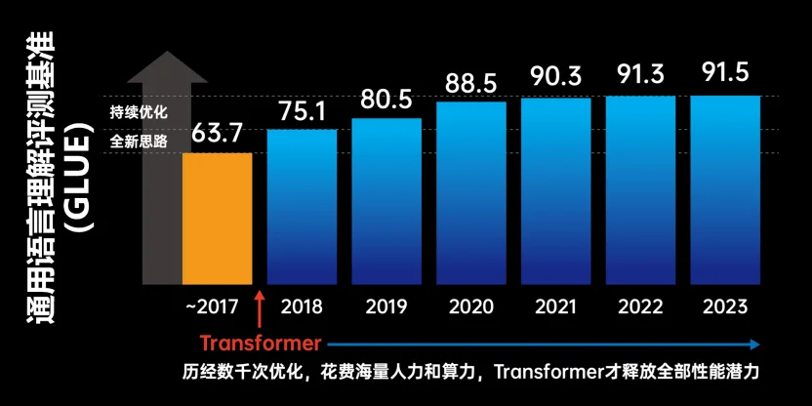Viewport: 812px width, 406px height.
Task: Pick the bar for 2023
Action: [725, 189]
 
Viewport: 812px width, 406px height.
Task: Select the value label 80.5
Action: [386, 101]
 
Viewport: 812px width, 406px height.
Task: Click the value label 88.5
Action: [471, 83]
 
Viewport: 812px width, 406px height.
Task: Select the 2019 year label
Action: [386, 306]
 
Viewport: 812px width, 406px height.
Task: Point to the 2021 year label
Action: [555, 306]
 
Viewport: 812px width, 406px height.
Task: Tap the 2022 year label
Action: [640, 306]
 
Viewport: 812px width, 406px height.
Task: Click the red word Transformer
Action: [261, 344]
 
